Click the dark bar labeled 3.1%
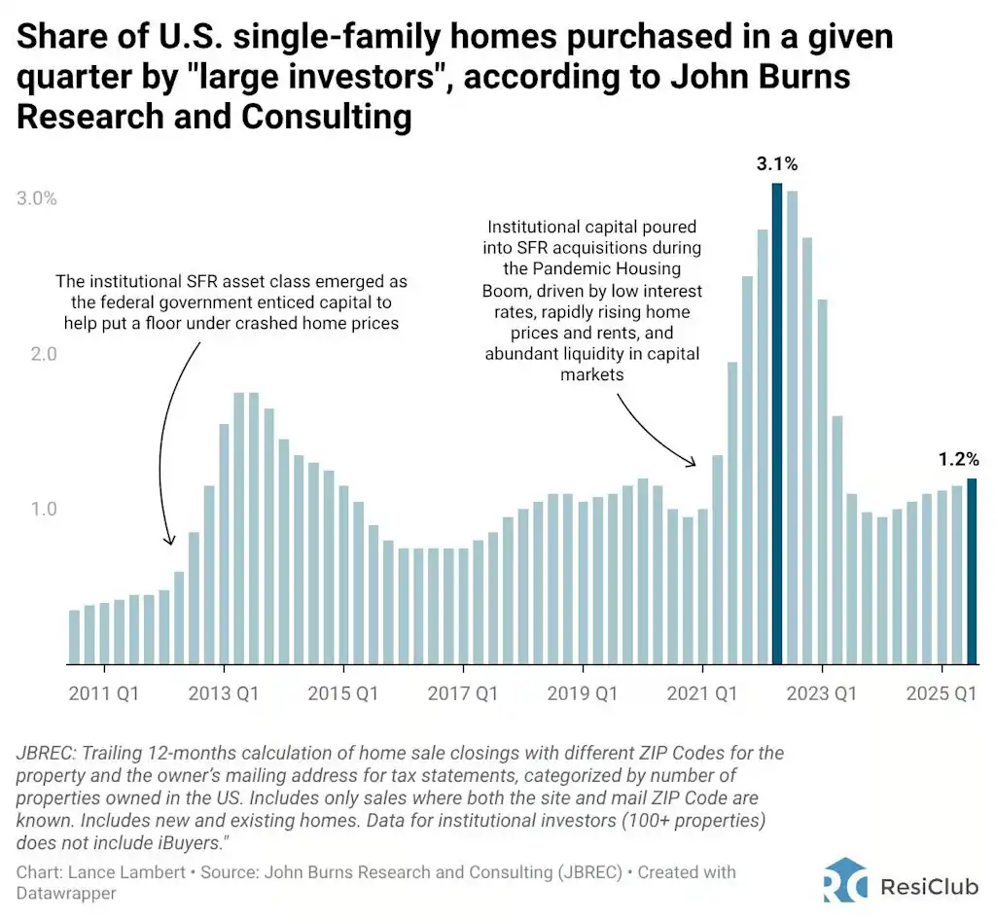coord(776,423)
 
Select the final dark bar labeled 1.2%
coord(971,571)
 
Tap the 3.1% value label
coord(776,163)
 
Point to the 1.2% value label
coord(957,459)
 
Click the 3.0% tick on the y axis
coord(37,198)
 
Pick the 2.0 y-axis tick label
coord(42,354)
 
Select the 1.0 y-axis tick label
coord(42,510)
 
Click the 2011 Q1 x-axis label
coord(105,694)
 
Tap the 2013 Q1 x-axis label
coord(225,694)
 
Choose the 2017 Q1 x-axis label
coord(464,694)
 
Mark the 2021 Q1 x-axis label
coord(703,694)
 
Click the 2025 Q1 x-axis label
coord(942,694)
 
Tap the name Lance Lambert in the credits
coord(108,872)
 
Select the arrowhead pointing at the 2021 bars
coord(693,463)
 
